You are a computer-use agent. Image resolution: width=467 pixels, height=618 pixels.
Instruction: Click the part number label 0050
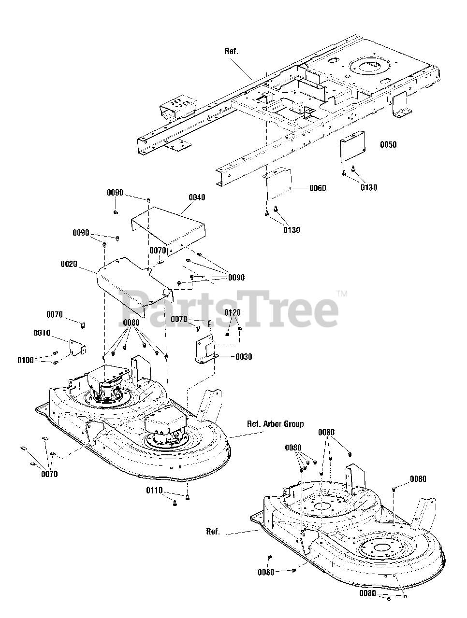click(388, 144)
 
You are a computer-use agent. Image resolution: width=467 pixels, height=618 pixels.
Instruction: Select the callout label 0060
click(317, 188)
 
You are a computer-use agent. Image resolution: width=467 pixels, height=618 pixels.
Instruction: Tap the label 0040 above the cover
click(197, 197)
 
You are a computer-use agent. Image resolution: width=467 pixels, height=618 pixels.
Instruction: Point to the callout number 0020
click(70, 265)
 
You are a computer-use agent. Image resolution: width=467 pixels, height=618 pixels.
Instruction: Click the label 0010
click(43, 333)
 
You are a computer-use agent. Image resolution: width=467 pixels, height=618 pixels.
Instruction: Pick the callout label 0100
click(26, 360)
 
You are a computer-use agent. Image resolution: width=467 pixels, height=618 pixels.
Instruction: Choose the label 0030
click(244, 357)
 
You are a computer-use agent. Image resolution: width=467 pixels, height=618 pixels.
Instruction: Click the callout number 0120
click(233, 313)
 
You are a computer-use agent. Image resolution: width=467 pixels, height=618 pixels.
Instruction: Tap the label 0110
click(154, 491)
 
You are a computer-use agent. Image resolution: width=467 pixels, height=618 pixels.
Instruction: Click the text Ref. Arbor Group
click(276, 424)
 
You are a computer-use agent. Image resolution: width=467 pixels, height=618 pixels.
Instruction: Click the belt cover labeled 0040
click(169, 227)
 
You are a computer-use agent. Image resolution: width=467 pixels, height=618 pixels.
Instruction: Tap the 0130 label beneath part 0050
click(369, 188)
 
